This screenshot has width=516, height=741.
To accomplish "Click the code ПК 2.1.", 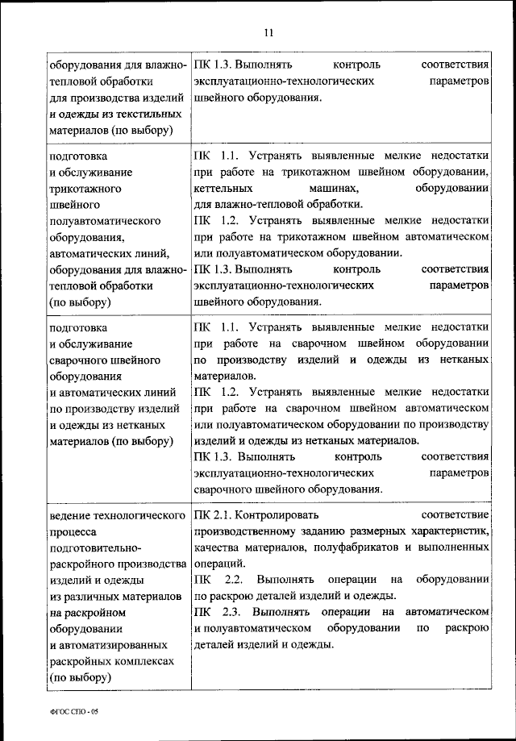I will click(214, 514).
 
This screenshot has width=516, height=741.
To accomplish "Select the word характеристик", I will click(451, 531).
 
